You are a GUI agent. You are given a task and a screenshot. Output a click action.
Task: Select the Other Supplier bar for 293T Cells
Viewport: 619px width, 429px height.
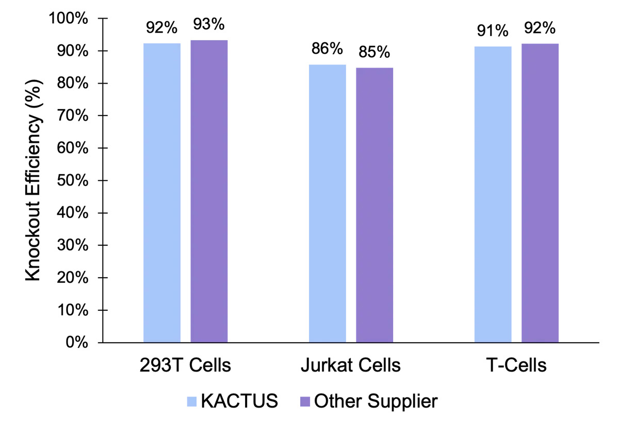(209, 191)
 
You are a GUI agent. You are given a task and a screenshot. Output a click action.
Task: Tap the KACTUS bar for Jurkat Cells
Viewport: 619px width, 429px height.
(328, 203)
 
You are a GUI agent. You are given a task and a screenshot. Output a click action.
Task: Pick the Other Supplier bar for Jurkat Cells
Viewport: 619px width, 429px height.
(374, 205)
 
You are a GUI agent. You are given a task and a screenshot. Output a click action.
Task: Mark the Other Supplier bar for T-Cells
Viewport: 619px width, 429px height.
(540, 193)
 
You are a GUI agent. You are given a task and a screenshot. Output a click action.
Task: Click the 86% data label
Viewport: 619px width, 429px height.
(327, 49)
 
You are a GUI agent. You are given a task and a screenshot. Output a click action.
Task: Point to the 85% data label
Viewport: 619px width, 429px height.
(375, 52)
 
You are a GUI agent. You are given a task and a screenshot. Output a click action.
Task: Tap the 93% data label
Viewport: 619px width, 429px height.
(208, 24)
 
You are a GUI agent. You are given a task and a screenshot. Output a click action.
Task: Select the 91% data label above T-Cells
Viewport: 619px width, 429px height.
(493, 31)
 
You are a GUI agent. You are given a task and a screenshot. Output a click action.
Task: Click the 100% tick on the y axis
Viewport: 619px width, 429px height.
(74, 19)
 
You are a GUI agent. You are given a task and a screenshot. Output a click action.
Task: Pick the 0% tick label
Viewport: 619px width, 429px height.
(81, 342)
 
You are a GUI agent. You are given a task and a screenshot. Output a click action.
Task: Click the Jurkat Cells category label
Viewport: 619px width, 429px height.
(350, 366)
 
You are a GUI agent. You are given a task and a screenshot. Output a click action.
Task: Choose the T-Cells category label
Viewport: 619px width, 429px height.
(516, 366)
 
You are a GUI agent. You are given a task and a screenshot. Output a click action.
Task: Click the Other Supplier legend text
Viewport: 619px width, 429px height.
(376, 401)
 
